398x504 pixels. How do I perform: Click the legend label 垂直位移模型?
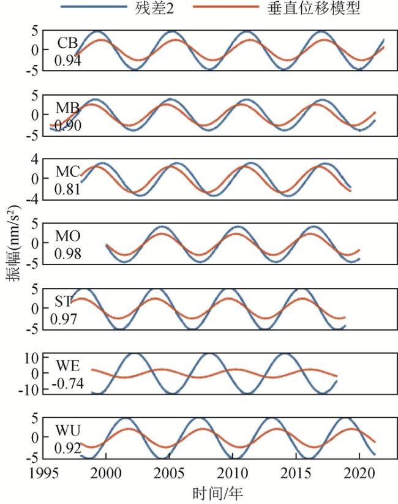(314, 9)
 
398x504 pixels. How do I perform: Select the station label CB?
(67, 43)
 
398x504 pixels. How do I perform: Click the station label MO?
(67, 236)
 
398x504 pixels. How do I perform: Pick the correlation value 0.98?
(67, 253)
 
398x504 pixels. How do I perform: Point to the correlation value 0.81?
(67, 189)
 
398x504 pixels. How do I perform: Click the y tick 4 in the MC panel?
(36, 159)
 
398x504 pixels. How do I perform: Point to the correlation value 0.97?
(62, 318)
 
